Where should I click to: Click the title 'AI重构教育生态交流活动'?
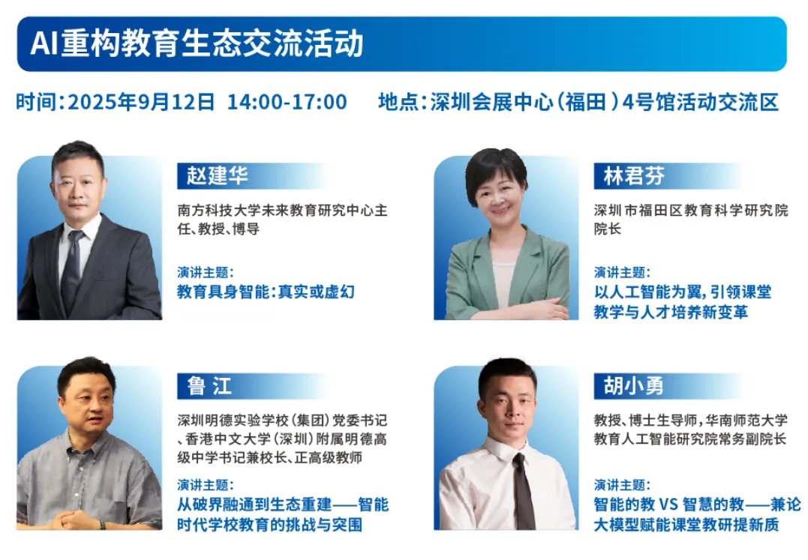click(x=197, y=43)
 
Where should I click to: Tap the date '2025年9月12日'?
click(x=141, y=102)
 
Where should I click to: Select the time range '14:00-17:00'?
click(x=287, y=102)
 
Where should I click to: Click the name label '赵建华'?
click(x=217, y=175)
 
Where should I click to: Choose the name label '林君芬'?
click(x=634, y=175)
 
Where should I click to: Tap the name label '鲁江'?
click(x=209, y=385)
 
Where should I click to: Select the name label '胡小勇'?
click(x=633, y=385)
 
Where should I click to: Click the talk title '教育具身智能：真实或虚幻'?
click(x=266, y=292)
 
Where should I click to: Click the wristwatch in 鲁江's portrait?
click(x=103, y=525)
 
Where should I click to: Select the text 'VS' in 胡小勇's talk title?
click(x=668, y=505)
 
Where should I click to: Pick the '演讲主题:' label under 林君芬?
click(x=622, y=272)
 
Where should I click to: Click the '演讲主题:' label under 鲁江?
click(x=205, y=485)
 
